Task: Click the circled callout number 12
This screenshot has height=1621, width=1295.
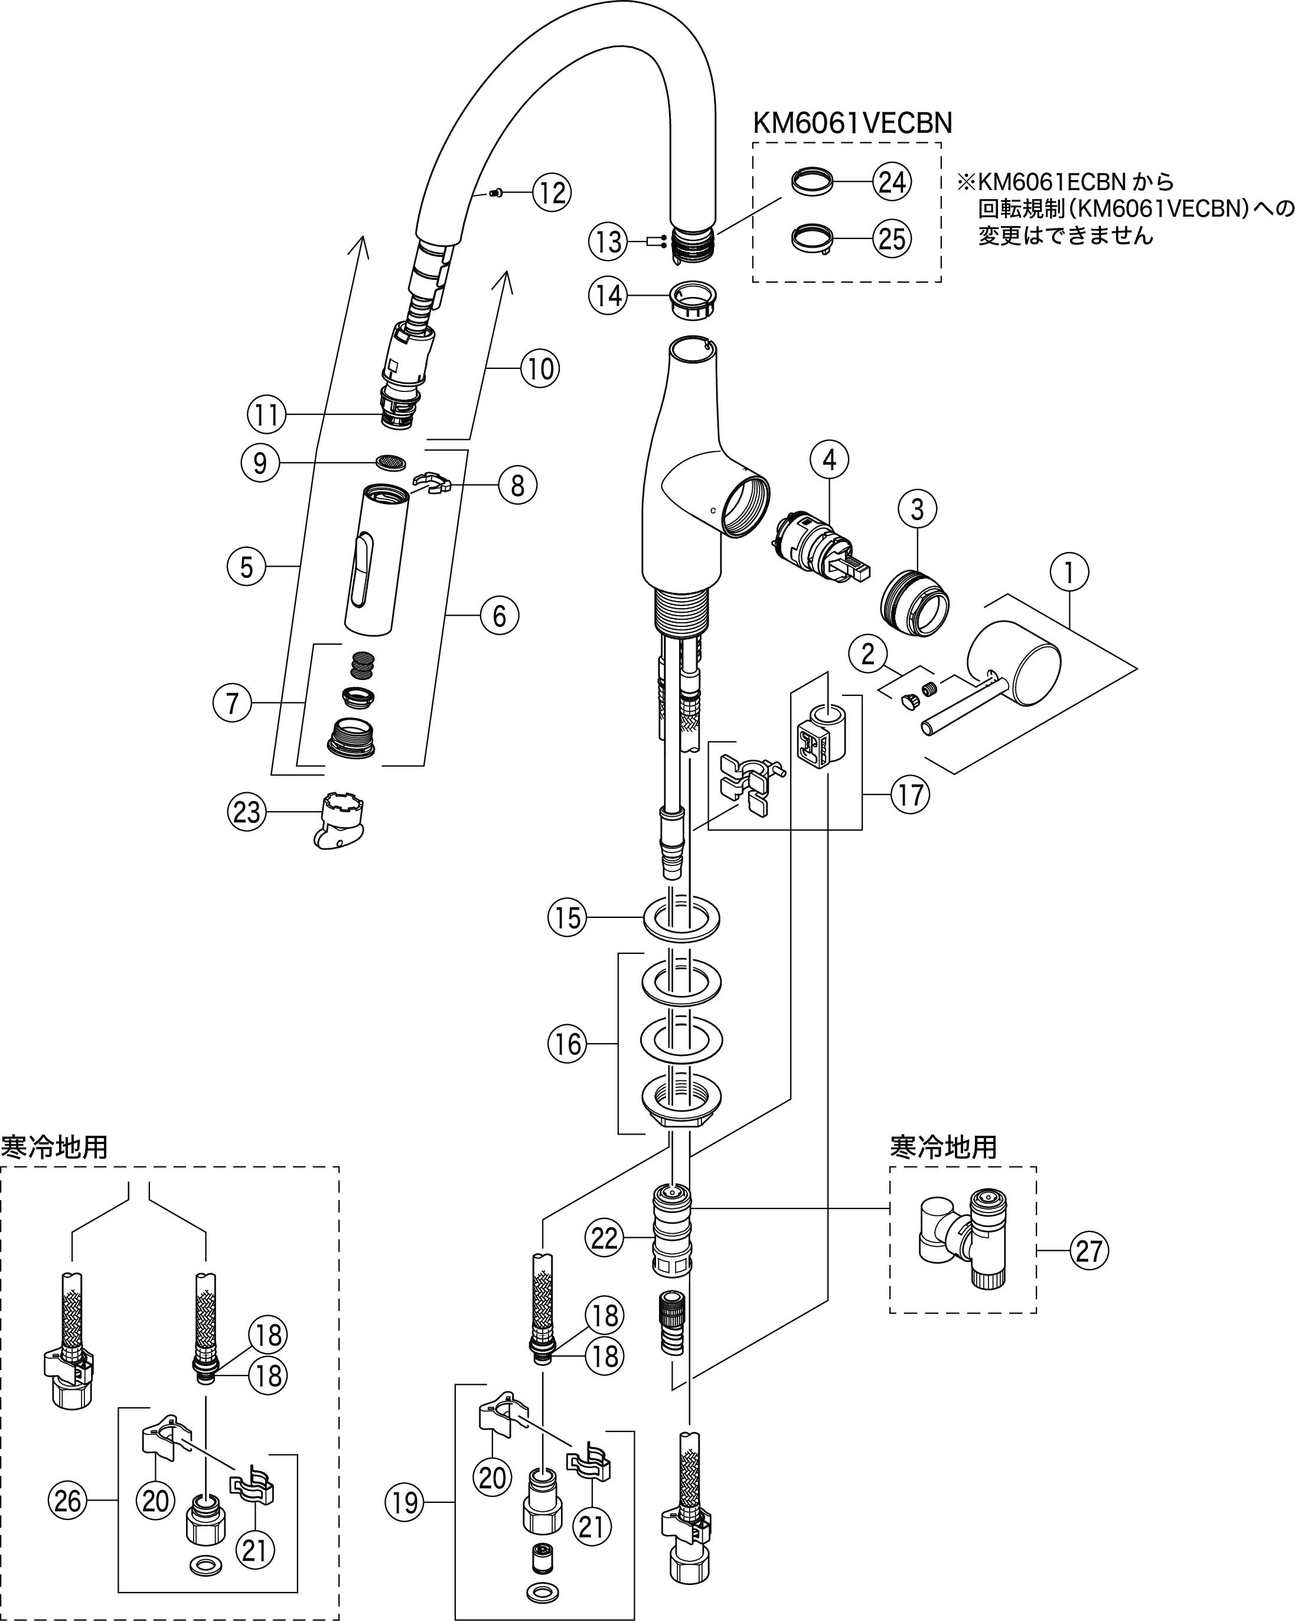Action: point(552,193)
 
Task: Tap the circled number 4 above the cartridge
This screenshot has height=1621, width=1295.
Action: point(830,460)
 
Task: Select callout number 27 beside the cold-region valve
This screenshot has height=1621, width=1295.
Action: point(1088,1251)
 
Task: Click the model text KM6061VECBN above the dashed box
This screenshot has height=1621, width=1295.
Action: point(852,123)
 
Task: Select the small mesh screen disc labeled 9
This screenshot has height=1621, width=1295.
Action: point(390,462)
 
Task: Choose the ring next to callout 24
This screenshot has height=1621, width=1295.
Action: point(812,182)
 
